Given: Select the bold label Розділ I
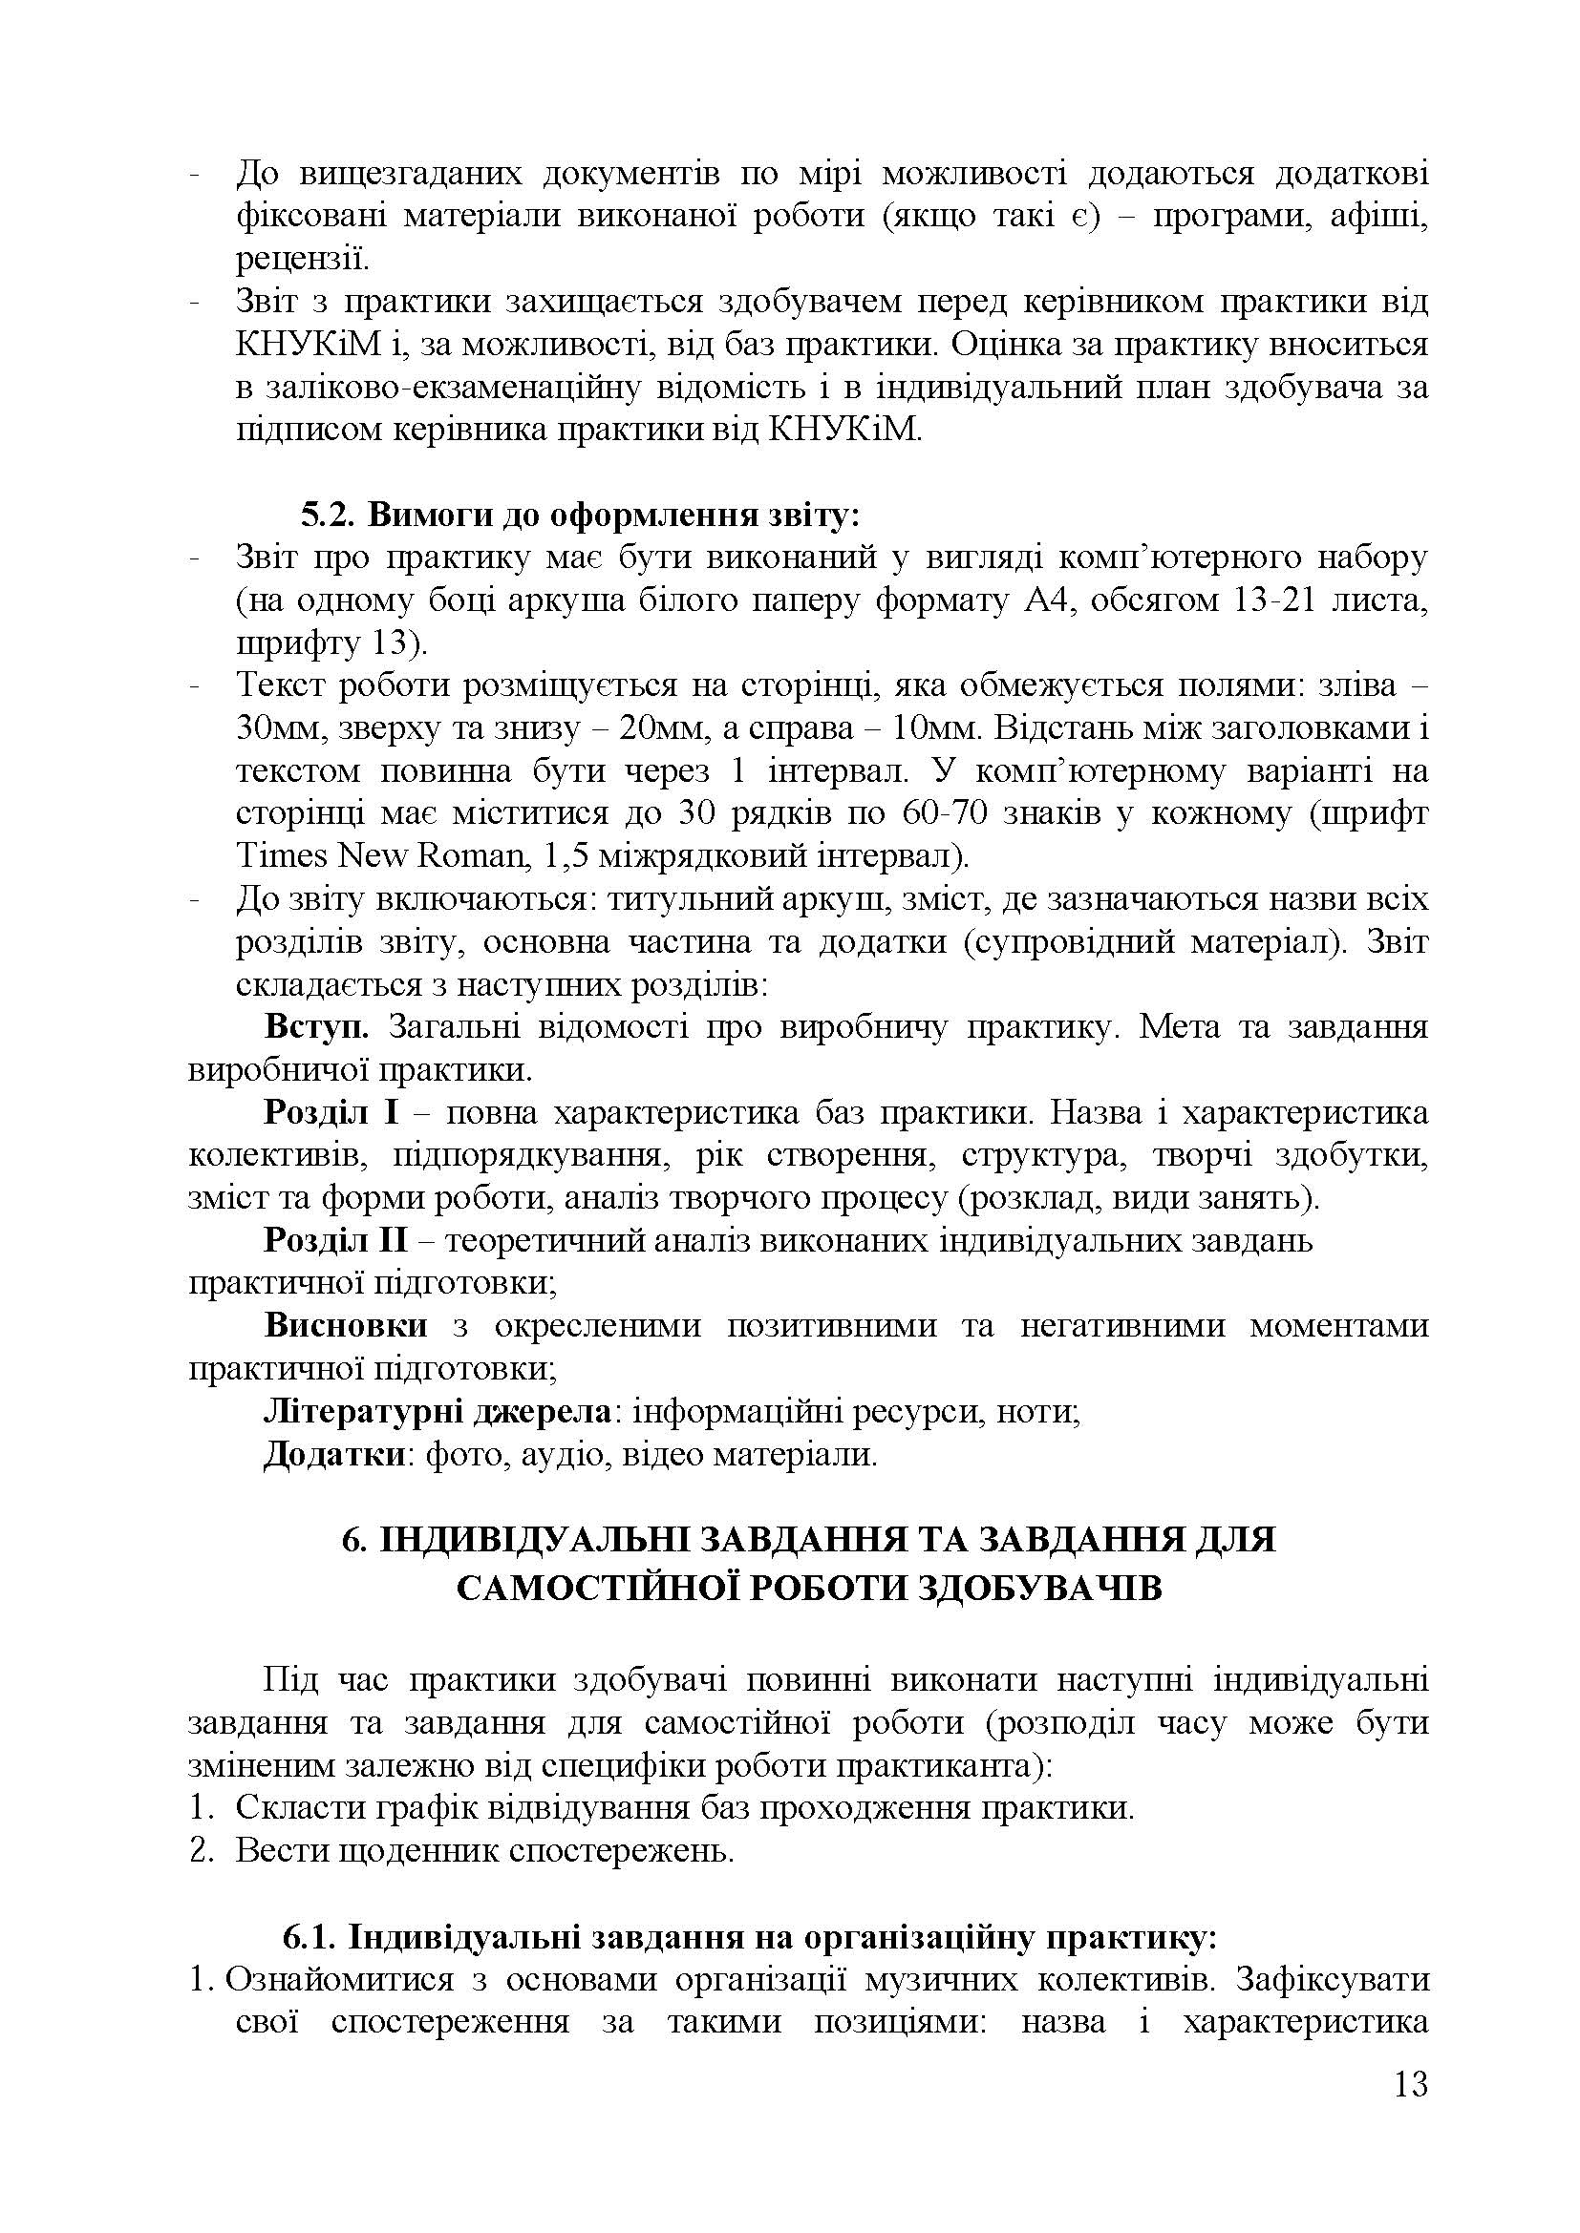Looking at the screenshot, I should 331,1113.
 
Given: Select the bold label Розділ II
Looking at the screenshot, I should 335,1242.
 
